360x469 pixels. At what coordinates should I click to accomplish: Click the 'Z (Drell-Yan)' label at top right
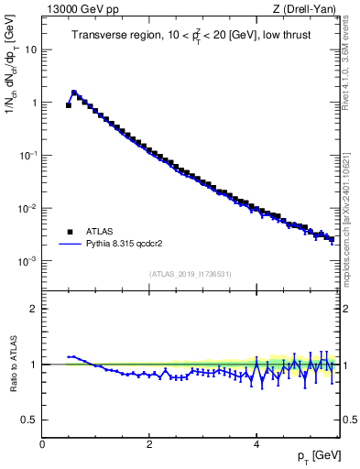[x=309, y=9]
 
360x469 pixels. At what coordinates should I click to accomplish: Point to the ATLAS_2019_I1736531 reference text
[x=190, y=274]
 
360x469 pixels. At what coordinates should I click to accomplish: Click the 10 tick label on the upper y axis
[x=31, y=49]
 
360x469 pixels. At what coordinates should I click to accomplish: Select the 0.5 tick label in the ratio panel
[x=30, y=420]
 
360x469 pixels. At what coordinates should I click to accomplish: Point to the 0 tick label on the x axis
[x=42, y=443]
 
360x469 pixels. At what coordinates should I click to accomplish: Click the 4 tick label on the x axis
[x=256, y=443]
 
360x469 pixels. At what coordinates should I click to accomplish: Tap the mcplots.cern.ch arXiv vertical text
[x=349, y=211]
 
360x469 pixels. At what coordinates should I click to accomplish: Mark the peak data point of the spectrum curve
[x=74, y=93]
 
